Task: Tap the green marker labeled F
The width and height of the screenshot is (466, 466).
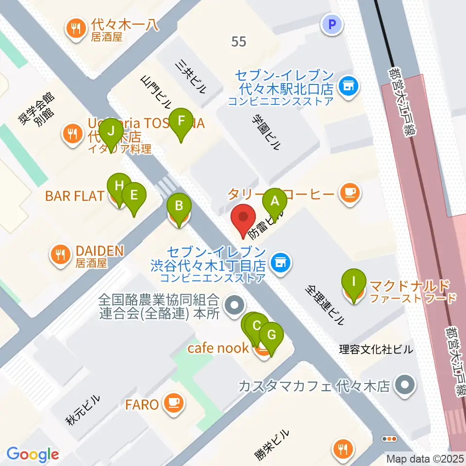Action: coord(182,120)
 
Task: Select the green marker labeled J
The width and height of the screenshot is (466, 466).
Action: coord(112,131)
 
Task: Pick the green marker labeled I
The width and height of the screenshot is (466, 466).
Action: coord(354,282)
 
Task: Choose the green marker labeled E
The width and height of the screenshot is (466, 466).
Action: coord(134,195)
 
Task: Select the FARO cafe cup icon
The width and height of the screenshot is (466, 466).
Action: coord(173,403)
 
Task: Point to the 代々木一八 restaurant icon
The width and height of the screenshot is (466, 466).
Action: coord(75,28)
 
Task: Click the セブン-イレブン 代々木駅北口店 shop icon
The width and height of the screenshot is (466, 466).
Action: coord(348,87)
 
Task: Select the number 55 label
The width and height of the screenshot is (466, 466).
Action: coord(239,42)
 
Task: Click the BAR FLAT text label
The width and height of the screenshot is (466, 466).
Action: coord(74,196)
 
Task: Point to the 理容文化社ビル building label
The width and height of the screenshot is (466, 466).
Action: coord(376,349)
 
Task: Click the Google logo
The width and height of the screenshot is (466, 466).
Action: coord(33,454)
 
